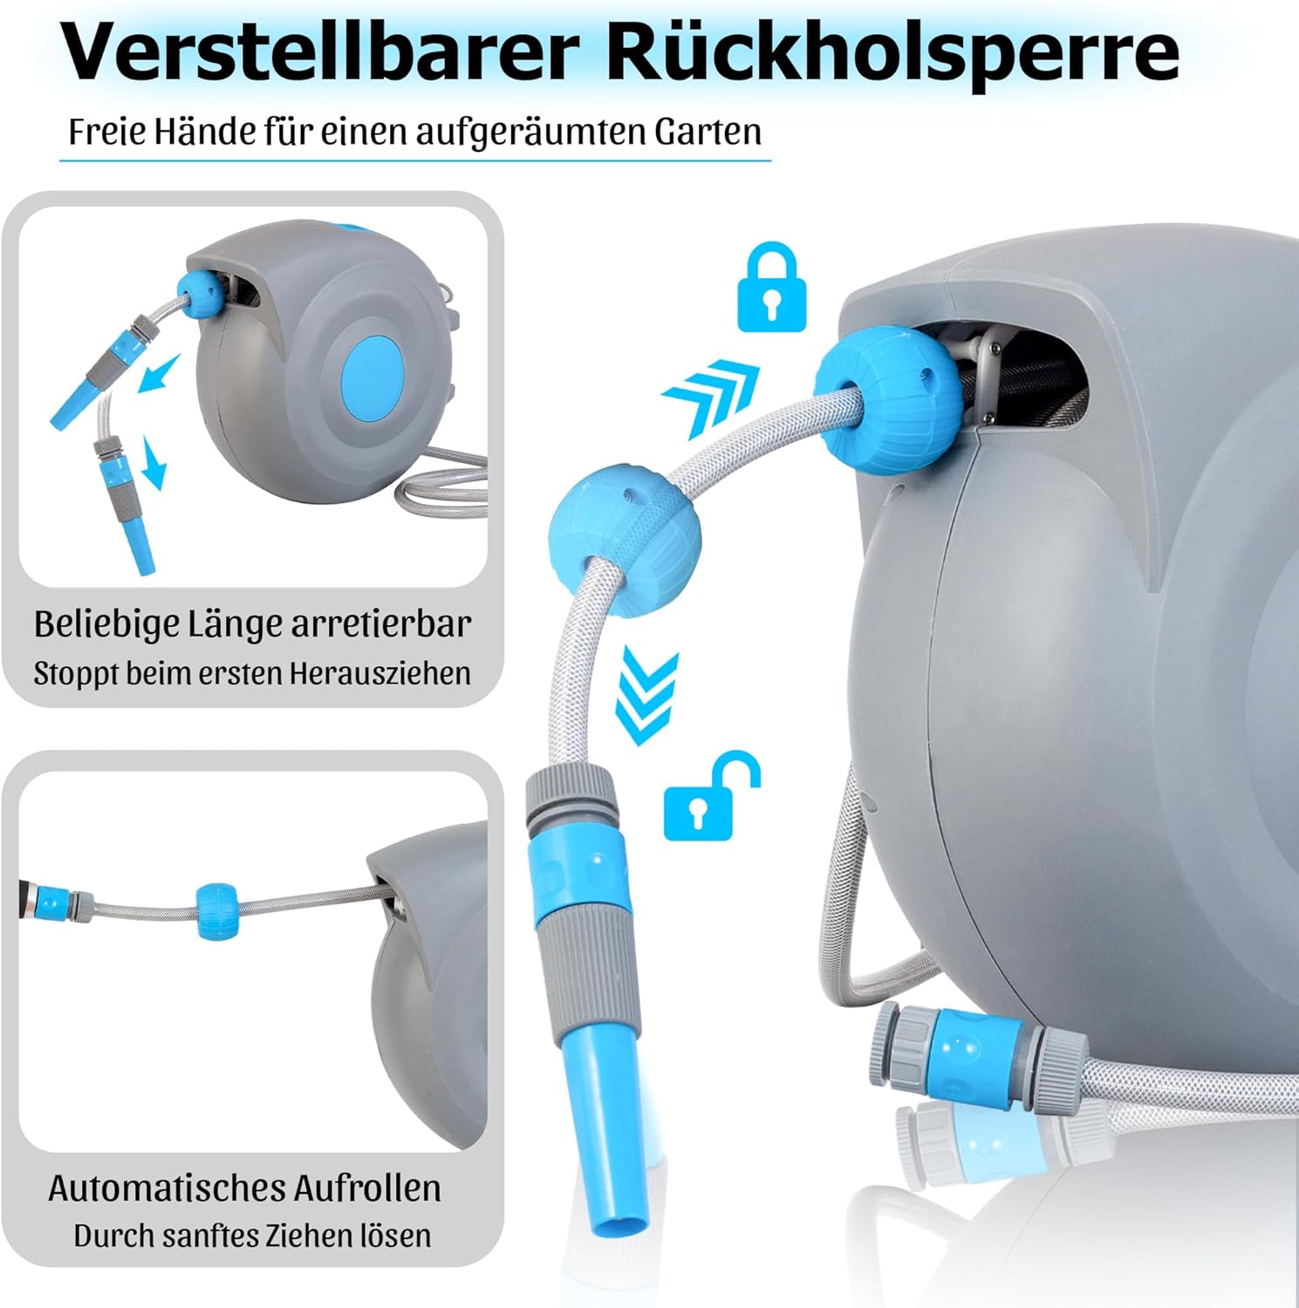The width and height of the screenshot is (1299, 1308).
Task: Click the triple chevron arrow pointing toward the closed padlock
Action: [x=710, y=397]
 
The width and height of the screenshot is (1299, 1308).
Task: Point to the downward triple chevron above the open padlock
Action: [x=647, y=696]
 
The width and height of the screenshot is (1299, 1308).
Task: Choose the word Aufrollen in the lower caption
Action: [x=366, y=1188]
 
